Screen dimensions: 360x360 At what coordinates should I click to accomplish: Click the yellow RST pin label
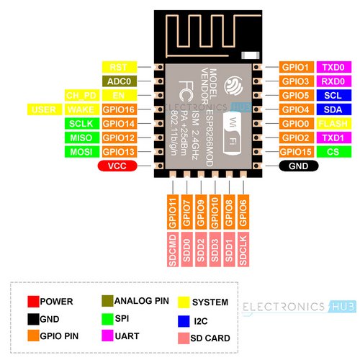[x=120, y=67]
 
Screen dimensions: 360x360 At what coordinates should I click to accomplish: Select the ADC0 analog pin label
[x=120, y=81]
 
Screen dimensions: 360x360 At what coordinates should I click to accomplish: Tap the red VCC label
[x=117, y=166]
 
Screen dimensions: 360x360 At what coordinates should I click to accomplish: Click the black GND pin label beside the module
[x=299, y=166]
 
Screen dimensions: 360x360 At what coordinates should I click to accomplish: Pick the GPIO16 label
[x=120, y=109]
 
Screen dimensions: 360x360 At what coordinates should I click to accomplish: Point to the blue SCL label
[x=334, y=96]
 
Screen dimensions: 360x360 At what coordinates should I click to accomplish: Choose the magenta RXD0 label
[x=334, y=81]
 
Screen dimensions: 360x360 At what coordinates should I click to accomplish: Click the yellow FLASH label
[x=334, y=124]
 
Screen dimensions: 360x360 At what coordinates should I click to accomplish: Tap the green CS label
[x=334, y=152]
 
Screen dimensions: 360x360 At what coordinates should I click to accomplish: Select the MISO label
[x=82, y=138]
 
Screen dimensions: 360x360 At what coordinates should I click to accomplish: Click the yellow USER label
[x=45, y=109]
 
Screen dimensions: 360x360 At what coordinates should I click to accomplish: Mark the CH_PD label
[x=82, y=96]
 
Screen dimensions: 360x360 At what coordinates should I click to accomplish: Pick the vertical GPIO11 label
[x=173, y=212]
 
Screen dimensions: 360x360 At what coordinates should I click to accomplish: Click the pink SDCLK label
[x=243, y=249]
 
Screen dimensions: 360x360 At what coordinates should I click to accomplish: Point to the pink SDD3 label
[x=215, y=249]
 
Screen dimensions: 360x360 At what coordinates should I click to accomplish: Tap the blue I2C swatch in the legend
[x=184, y=321]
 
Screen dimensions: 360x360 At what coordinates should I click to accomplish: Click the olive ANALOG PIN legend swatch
[x=107, y=301]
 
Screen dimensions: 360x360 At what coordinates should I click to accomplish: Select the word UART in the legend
[x=127, y=336]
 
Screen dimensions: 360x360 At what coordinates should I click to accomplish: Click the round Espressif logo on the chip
[x=233, y=86]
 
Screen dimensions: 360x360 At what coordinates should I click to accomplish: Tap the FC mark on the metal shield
[x=186, y=91]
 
